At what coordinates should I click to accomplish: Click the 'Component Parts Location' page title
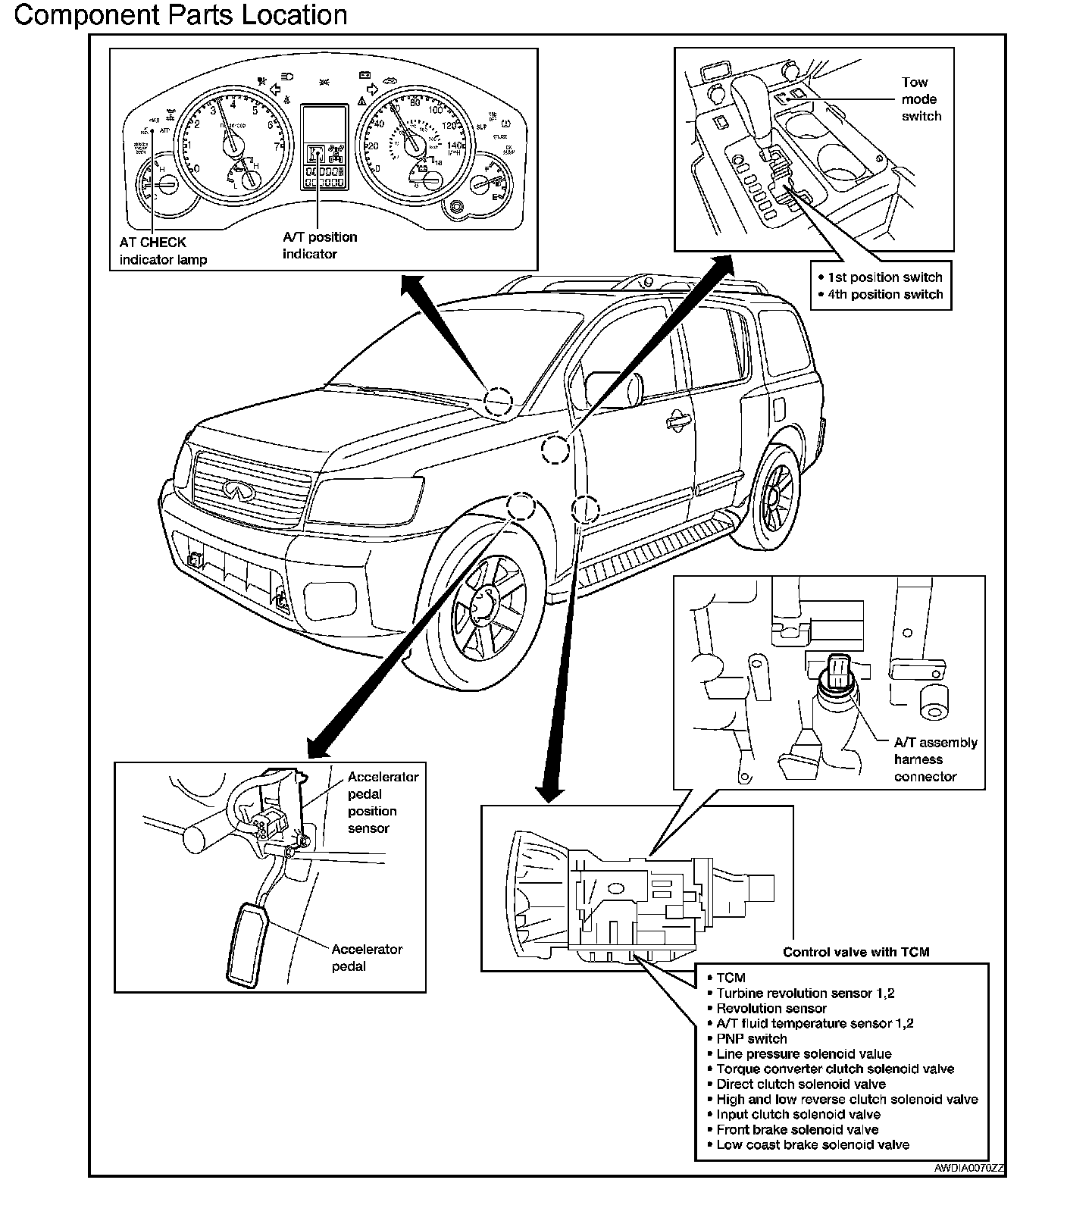tap(180, 15)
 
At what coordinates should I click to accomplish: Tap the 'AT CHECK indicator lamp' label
tap(162, 251)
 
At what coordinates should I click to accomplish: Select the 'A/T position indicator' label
tap(319, 245)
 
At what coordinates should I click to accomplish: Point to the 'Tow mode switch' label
tap(921, 99)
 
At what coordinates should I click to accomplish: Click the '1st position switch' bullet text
tap(884, 277)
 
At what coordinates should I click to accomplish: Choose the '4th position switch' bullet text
tap(885, 294)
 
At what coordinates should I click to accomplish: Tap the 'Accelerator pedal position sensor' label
tap(382, 802)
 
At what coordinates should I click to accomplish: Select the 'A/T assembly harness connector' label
tap(935, 759)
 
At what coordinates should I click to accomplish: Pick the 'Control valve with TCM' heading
tap(856, 952)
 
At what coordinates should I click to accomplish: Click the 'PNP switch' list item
tap(751, 1038)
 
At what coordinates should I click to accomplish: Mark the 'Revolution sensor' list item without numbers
tap(771, 1008)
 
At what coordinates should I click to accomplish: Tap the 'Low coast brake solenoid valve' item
tap(812, 1144)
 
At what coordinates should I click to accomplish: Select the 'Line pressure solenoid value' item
tap(803, 1053)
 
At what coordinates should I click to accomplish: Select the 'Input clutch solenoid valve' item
tap(798, 1114)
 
